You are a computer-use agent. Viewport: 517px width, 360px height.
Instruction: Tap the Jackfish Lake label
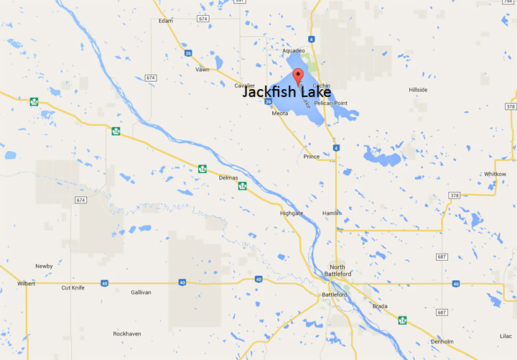[x=287, y=93]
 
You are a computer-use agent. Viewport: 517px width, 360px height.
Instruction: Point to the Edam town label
[x=166, y=21]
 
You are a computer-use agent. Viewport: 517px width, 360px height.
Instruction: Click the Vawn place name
[x=202, y=70]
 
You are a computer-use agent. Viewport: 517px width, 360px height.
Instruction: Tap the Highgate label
[x=291, y=213]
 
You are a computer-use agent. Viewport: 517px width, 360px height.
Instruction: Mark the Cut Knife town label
[x=74, y=287]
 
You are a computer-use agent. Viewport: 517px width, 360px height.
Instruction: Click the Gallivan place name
[x=141, y=292]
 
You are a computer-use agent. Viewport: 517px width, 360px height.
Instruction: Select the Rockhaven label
[x=129, y=334]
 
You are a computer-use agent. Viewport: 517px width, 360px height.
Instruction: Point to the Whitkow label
[x=495, y=174]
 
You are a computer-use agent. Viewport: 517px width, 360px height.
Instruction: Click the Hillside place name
[x=418, y=90]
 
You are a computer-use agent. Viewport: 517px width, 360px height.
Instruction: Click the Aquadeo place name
[x=294, y=51]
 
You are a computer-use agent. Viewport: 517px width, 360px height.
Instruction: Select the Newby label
[x=44, y=266]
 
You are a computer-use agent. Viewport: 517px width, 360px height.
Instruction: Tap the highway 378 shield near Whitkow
[x=454, y=195]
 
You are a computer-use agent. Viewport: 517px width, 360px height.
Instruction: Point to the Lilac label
[x=506, y=336]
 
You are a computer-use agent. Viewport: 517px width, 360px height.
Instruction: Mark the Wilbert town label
[x=27, y=283]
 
